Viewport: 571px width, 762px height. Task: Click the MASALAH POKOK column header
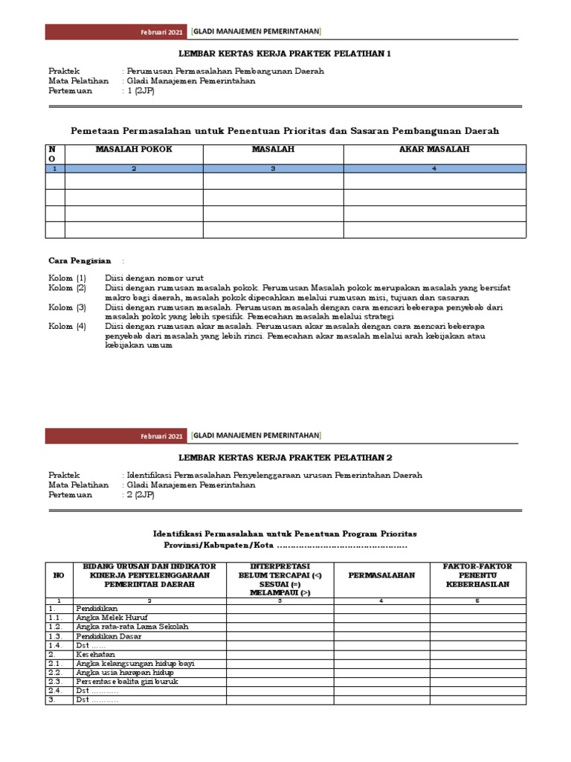134,150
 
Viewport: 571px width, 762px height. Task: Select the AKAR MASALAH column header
434,150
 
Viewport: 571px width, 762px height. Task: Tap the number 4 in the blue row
434,169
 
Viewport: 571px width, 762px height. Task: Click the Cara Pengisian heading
80,261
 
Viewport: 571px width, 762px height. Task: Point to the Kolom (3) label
68,307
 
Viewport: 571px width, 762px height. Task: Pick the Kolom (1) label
68,278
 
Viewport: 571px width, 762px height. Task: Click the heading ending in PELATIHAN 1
285,54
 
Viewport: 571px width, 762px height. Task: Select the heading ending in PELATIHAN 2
285,458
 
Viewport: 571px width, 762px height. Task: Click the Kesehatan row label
95,653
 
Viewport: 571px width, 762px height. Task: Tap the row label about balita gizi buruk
126,681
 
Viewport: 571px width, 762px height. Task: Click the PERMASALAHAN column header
381,575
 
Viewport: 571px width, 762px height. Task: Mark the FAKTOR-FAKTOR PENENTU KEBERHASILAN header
478,575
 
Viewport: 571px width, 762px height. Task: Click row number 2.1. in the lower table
55,663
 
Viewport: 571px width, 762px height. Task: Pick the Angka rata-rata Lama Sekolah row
132,627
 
